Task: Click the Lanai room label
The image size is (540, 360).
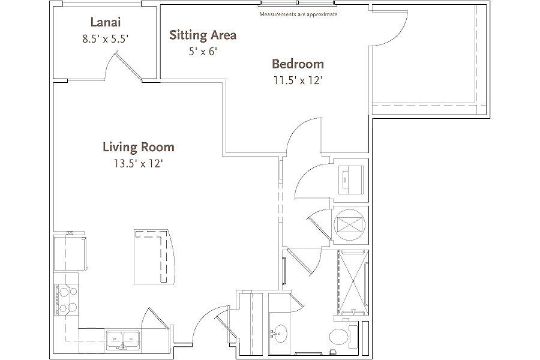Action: [x=106, y=22]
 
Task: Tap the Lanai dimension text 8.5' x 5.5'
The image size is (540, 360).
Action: [x=106, y=39]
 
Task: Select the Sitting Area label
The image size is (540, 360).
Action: [x=203, y=35]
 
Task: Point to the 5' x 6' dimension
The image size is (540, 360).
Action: [x=203, y=52]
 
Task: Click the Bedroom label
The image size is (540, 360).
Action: [x=298, y=64]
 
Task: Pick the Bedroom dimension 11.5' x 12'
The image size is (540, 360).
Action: [x=298, y=80]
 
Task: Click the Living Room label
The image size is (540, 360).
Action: [x=139, y=147]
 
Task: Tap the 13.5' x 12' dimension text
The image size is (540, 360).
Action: [x=139, y=163]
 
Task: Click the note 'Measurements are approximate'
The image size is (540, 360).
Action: [x=298, y=14]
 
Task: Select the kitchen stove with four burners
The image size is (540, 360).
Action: [x=67, y=299]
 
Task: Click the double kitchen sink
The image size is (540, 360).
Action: [x=123, y=340]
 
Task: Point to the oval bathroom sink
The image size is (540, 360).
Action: [x=280, y=334]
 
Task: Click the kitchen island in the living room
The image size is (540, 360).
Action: [x=154, y=257]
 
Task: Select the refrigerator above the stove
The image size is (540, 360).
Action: [x=70, y=253]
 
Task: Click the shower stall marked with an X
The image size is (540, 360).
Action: [x=353, y=283]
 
